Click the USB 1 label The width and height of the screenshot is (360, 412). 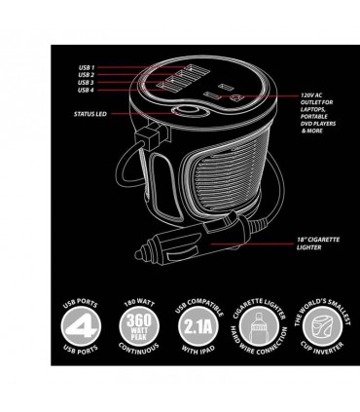(87, 65)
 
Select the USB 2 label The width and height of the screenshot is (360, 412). (87, 74)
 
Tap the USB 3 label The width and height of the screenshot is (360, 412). (87, 83)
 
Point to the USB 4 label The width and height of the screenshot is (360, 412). (87, 92)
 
